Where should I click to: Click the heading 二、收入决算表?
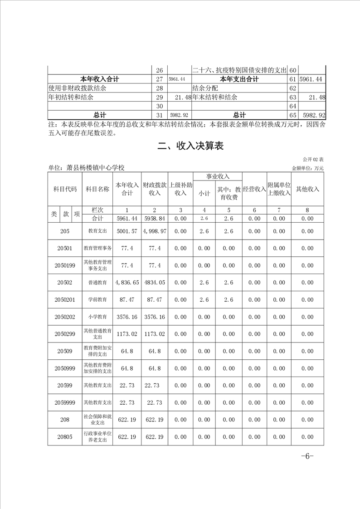190,146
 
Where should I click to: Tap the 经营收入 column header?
254,189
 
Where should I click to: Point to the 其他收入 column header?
307,189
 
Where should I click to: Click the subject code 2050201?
65,300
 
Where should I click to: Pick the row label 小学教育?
97,317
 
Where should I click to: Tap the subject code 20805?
65,437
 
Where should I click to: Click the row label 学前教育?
97,300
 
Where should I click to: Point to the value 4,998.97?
155,231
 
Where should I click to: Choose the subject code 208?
65,420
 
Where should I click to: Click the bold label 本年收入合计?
99,79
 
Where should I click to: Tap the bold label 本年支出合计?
239,79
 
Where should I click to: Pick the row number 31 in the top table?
159,115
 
